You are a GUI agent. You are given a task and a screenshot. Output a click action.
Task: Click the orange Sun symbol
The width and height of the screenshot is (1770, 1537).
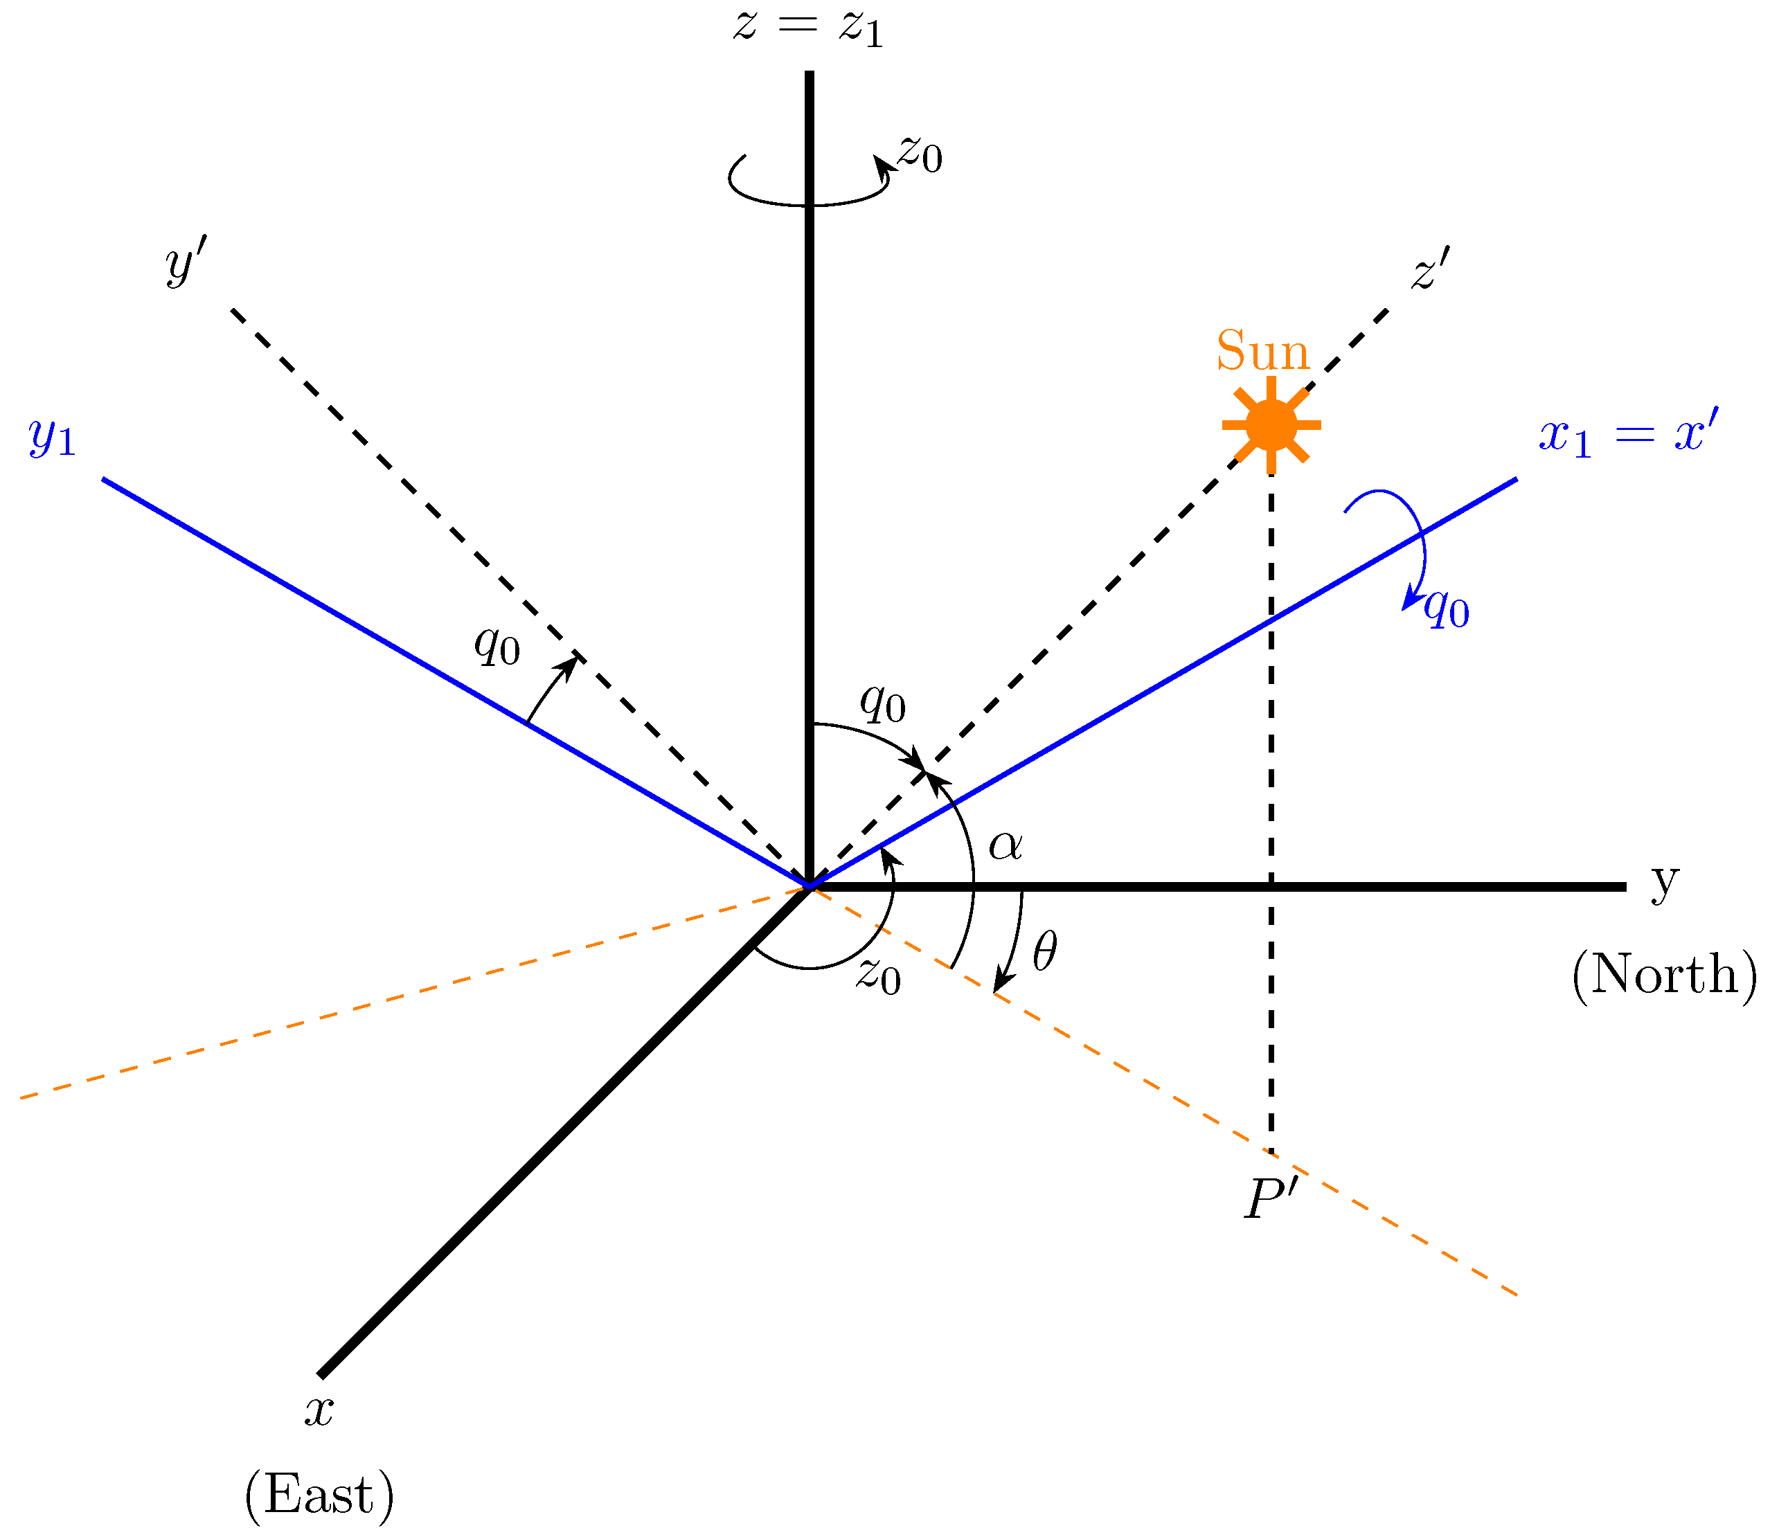pyautogui.click(x=1271, y=424)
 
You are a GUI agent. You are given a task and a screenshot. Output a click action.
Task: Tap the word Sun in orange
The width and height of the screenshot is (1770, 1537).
pyautogui.click(x=1262, y=352)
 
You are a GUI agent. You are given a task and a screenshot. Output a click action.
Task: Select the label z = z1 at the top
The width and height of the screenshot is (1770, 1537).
pyautogui.click(x=808, y=28)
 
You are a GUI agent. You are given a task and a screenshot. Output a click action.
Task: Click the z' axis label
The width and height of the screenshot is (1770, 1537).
pyautogui.click(x=1430, y=269)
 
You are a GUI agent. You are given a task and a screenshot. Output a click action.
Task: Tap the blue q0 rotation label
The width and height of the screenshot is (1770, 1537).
pyautogui.click(x=1447, y=609)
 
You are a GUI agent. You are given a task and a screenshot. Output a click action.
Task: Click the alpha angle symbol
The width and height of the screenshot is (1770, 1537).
pyautogui.click(x=1005, y=845)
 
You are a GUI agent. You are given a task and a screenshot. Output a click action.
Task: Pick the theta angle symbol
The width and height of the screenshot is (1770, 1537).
pyautogui.click(x=1044, y=953)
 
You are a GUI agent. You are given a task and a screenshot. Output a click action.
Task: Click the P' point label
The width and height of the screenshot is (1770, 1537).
pyautogui.click(x=1271, y=1198)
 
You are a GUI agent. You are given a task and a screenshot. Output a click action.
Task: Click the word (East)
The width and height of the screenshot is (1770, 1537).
pyautogui.click(x=319, y=1495)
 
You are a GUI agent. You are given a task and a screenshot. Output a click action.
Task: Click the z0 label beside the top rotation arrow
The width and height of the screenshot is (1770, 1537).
pyautogui.click(x=920, y=155)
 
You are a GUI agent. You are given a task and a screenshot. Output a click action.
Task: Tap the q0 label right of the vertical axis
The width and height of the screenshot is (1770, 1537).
pyautogui.click(x=883, y=703)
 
